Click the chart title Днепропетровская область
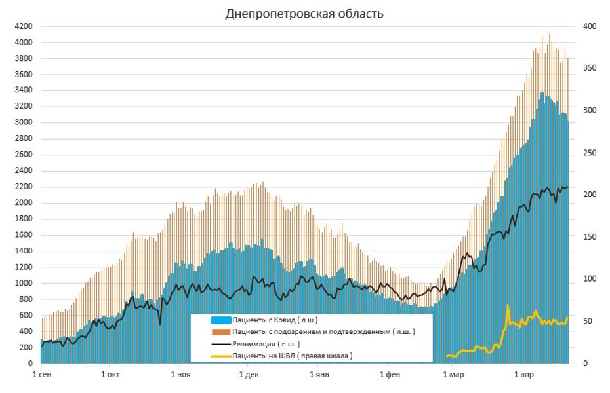(x=304, y=14)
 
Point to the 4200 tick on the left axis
(x=24, y=26)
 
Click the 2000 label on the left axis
(x=24, y=202)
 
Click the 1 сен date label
(x=43, y=375)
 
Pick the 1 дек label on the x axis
(x=249, y=375)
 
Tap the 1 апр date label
(x=523, y=375)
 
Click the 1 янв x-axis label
(x=319, y=375)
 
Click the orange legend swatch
(x=220, y=332)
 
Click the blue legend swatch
(x=220, y=320)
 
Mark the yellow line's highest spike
(x=508, y=305)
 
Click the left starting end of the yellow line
(x=446, y=356)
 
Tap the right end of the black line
(x=568, y=187)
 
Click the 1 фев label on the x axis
(x=390, y=375)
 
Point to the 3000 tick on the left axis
(x=24, y=122)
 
